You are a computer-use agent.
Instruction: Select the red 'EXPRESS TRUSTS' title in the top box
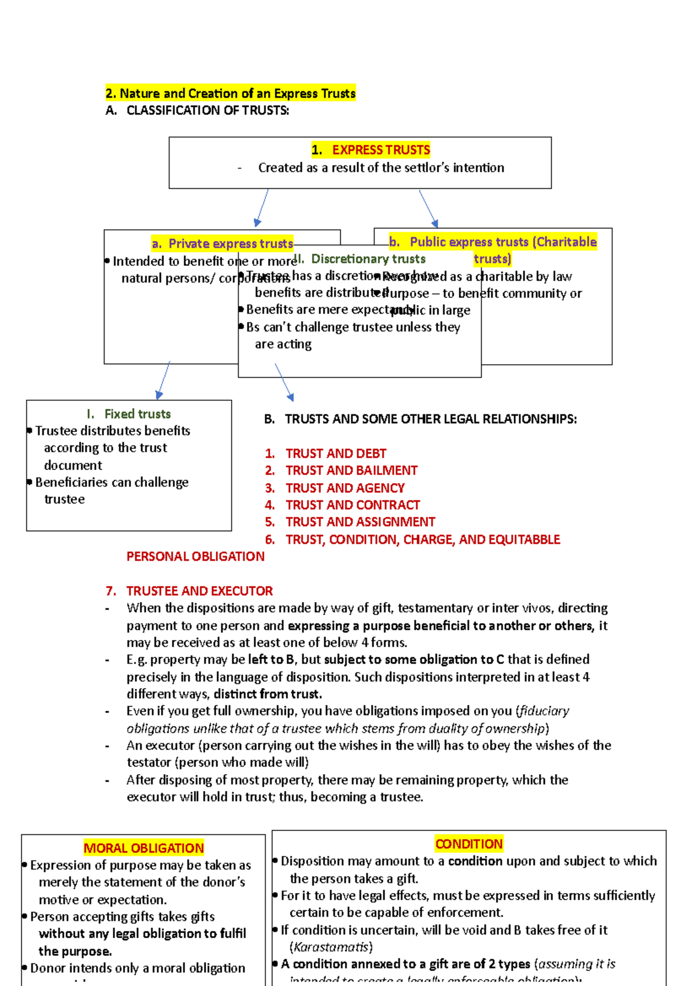pyautogui.click(x=380, y=150)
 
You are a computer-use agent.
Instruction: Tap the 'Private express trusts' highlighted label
pyautogui.click(x=230, y=244)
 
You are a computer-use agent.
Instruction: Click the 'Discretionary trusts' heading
pyautogui.click(x=368, y=259)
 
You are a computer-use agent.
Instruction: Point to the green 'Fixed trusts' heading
pyautogui.click(x=137, y=414)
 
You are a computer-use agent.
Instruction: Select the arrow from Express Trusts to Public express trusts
pyautogui.click(x=429, y=208)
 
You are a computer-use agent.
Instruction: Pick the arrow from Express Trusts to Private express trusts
pyautogui.click(x=262, y=208)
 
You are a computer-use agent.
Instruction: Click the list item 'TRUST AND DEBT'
pyautogui.click(x=335, y=454)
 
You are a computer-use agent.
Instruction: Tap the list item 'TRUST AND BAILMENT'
pyautogui.click(x=351, y=470)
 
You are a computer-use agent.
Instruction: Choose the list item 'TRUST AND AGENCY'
pyautogui.click(x=344, y=488)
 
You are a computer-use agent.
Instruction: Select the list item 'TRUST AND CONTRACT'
pyautogui.click(x=352, y=505)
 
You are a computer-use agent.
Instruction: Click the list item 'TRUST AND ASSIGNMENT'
pyautogui.click(x=360, y=522)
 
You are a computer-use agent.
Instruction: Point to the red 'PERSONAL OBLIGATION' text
pyautogui.click(x=195, y=556)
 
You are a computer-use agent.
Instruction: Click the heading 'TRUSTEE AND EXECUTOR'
pyautogui.click(x=199, y=591)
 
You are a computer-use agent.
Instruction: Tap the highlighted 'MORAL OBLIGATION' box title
pyautogui.click(x=143, y=848)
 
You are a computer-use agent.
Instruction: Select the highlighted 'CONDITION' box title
pyautogui.click(x=469, y=844)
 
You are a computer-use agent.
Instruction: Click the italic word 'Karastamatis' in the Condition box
pyautogui.click(x=331, y=947)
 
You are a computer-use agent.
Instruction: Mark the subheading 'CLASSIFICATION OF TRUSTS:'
pyautogui.click(x=207, y=110)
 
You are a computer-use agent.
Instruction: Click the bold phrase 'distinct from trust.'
pyautogui.click(x=267, y=694)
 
